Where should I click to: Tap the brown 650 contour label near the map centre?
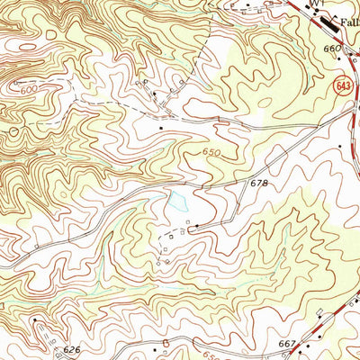click(x=211, y=153)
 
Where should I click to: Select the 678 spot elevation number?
click(x=260, y=183)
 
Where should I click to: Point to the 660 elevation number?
click(x=332, y=48)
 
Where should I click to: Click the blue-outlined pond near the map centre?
click(x=175, y=203)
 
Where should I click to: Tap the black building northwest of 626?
click(x=36, y=319)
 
